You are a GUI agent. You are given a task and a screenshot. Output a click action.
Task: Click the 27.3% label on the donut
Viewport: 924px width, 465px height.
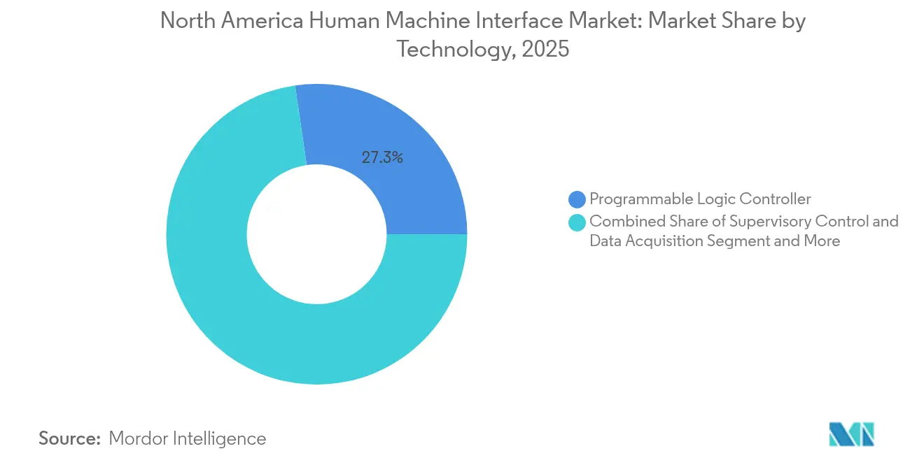[381, 158]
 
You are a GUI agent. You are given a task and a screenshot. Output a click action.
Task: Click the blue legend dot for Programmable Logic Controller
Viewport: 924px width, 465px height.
[577, 199]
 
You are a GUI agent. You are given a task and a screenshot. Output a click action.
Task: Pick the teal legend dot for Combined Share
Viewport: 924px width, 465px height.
[577, 222]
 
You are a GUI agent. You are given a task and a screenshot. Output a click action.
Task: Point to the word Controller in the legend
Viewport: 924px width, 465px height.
[777, 199]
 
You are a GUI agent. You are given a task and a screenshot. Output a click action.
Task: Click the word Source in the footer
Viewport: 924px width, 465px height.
[69, 438]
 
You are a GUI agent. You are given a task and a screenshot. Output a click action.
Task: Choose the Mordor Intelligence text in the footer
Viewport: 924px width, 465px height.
[188, 438]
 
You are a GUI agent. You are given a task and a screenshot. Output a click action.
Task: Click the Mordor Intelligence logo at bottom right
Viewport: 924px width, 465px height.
[851, 434]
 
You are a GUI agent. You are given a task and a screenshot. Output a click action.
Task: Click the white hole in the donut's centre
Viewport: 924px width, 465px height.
[316, 234]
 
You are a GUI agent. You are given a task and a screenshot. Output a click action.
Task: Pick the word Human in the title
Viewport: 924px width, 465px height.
[338, 21]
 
